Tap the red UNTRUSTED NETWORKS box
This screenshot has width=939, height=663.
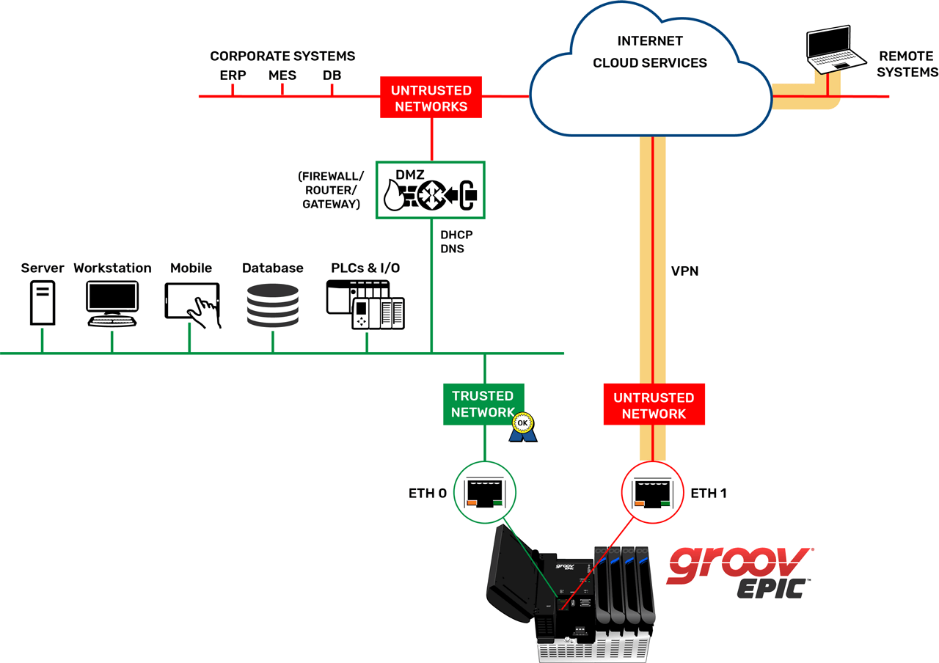430,98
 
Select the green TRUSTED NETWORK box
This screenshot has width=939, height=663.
483,404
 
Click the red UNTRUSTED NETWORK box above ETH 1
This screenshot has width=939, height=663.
654,406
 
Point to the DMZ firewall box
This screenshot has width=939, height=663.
431,189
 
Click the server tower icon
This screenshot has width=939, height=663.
42,303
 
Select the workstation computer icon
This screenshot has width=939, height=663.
112,303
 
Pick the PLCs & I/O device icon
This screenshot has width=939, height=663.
365,305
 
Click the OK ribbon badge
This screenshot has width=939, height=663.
523,427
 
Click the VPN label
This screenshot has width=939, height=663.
684,271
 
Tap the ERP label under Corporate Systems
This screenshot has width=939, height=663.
233,76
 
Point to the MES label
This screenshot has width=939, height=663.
282,76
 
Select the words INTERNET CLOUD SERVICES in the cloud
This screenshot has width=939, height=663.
649,52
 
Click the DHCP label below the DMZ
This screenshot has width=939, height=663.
456,235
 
